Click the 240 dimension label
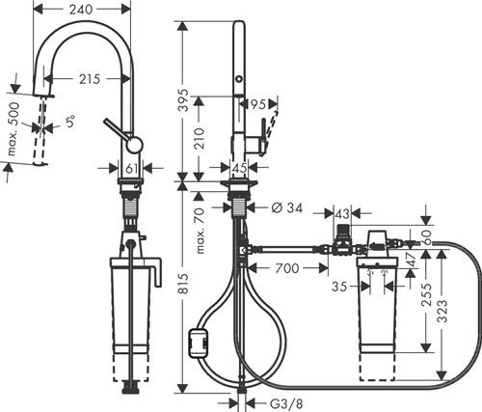(81, 10)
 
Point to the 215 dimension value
(90, 79)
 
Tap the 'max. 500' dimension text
(13, 128)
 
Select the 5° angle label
(70, 122)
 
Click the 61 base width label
(131, 168)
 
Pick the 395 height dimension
(184, 99)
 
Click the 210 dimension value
(200, 138)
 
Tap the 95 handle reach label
(258, 104)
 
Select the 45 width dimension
(240, 168)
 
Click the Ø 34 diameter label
(287, 208)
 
